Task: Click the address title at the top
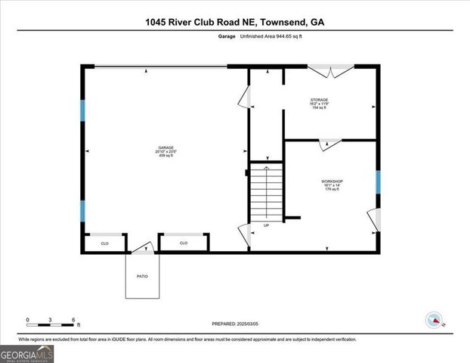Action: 235,22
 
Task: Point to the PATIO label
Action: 143,276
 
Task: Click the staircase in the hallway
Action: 265,193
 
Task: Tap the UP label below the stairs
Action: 266,225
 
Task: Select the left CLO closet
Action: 105,243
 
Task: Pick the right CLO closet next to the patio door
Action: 184,243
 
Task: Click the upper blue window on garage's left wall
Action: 83,111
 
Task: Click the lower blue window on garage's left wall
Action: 83,211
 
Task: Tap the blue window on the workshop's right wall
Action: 377,181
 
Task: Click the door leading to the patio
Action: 144,247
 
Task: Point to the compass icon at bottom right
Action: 434,318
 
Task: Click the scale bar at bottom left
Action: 50,321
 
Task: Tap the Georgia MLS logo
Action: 27,353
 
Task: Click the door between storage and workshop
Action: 330,141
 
